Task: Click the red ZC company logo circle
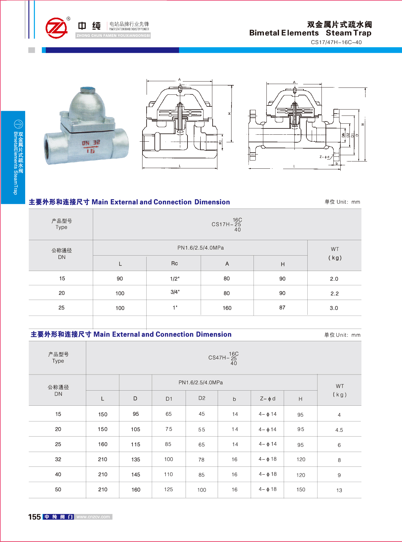point(57,28)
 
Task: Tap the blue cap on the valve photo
point(88,90)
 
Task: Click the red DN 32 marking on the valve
point(91,143)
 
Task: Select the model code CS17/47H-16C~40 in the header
point(336,42)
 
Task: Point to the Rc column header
point(174,263)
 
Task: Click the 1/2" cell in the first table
point(175,279)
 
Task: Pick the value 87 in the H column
point(282,308)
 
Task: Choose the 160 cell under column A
point(227,308)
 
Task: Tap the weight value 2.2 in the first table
point(334,293)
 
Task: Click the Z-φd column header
point(267,398)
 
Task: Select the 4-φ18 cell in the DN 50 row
point(267,489)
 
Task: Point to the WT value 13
point(339,490)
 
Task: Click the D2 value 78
point(201,460)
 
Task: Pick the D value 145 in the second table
point(136,475)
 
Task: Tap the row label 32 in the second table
point(58,459)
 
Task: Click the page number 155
point(35,517)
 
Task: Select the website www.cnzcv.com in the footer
point(93,517)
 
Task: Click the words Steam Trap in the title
point(348,33)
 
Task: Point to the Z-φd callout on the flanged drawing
point(324,157)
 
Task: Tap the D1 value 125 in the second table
point(168,489)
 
